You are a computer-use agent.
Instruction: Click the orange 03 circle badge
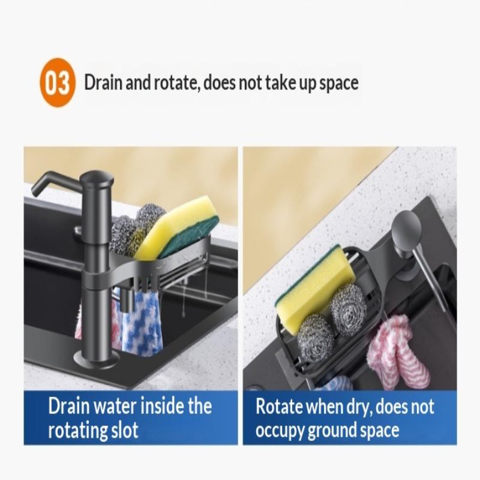pos(57,82)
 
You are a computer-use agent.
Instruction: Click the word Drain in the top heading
pos(103,82)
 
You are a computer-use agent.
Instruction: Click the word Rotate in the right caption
pos(279,407)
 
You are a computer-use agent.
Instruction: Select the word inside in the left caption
pos(164,406)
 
